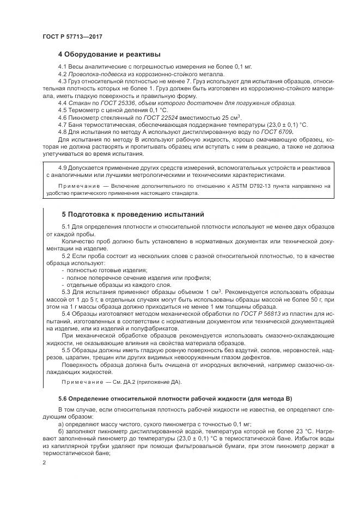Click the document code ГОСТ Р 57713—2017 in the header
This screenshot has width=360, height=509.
[x=72, y=36]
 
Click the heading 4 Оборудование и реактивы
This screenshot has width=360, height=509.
[x=109, y=54]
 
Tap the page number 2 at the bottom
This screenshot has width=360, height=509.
[x=44, y=462]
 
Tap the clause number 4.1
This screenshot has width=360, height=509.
[x=62, y=66]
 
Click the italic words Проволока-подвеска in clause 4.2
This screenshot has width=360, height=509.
[x=96, y=73]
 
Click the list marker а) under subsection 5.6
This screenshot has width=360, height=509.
[x=61, y=422]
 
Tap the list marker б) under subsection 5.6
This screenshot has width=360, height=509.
[x=61, y=430]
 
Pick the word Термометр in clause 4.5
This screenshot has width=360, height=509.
[x=85, y=110]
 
